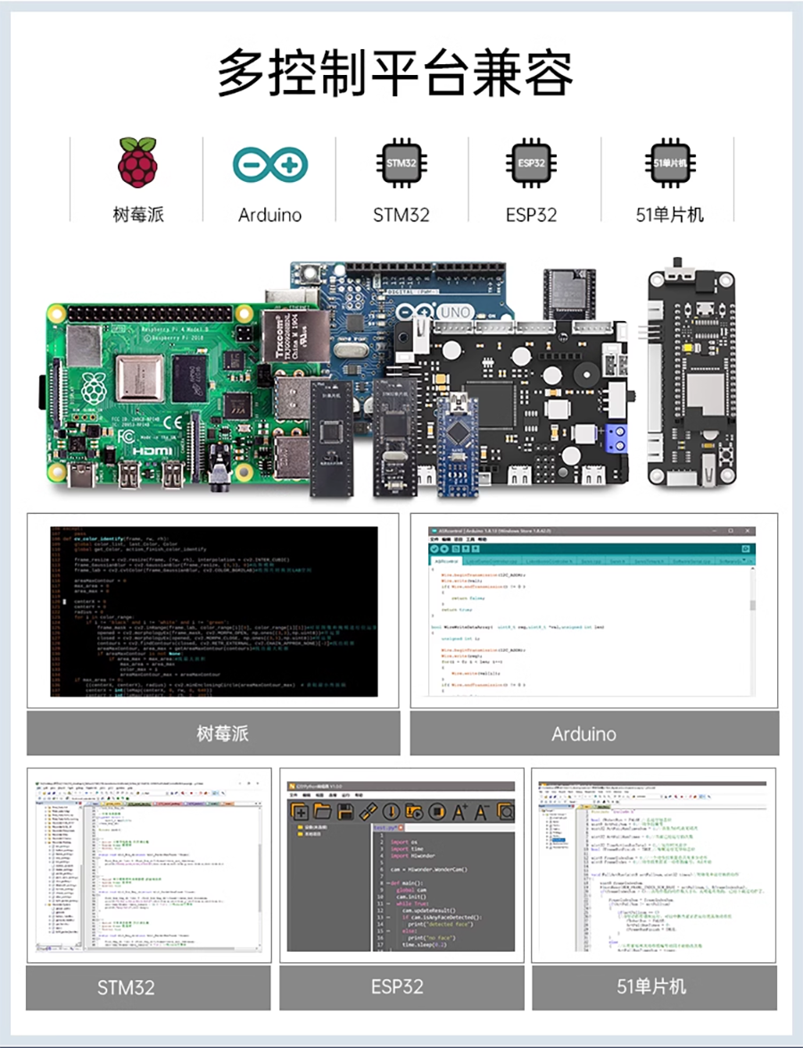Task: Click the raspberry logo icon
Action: coord(138,162)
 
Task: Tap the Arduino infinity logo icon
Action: coord(269,163)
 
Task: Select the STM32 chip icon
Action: coord(401,163)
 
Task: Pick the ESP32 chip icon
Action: coord(532,163)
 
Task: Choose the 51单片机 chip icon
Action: coord(664,163)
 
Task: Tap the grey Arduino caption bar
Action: coord(593,733)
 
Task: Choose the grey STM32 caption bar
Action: coord(148,987)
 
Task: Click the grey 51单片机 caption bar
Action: coord(653,987)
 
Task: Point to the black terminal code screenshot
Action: coord(213,611)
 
